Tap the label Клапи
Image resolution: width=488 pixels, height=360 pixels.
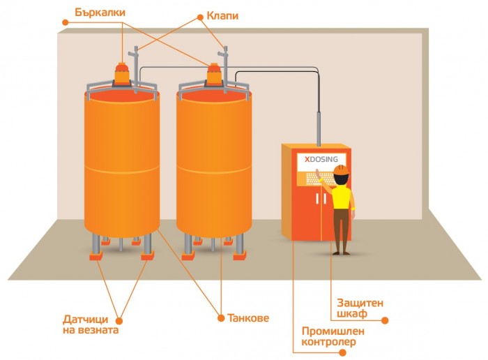coord(222,15)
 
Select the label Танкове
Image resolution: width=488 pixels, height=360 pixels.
coord(248,318)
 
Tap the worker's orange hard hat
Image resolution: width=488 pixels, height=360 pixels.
coord(340,170)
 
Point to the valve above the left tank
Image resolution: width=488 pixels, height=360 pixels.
coord(136,52)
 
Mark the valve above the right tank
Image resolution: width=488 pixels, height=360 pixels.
coord(224,52)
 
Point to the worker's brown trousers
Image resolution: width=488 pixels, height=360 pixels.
coord(341,230)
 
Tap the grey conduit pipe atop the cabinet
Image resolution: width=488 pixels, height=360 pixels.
coord(319,126)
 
